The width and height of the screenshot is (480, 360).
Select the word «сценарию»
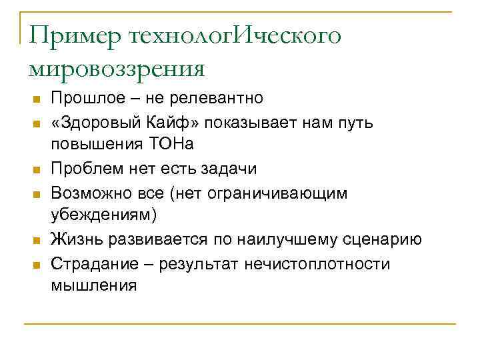[x=387, y=239]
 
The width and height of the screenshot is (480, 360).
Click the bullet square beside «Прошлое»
[x=37, y=99]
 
